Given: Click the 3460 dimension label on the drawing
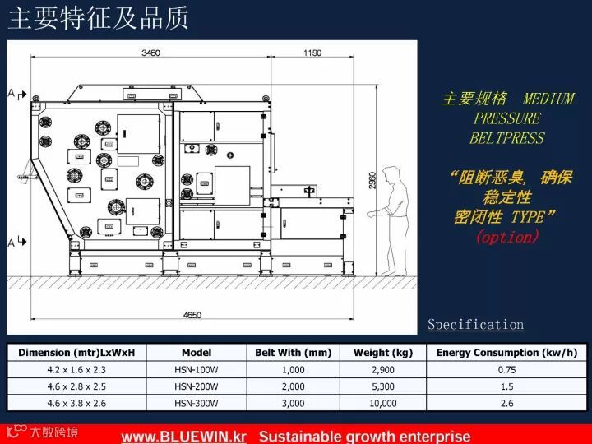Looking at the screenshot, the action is point(150,53).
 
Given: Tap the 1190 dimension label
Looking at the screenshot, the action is point(312,53).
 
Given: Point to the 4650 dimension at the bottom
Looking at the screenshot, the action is point(192,315).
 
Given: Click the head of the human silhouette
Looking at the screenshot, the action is point(393,173).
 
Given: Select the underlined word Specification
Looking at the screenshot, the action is point(475,325).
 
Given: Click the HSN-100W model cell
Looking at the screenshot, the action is point(197,370).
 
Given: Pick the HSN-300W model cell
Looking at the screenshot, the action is point(197,403).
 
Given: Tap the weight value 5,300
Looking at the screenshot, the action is point(383,386).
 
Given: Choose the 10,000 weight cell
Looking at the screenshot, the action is point(383,403).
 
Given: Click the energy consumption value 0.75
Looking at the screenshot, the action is point(506,370).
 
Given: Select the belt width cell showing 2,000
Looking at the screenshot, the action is point(293,386).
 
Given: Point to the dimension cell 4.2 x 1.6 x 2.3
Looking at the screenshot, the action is point(76,370).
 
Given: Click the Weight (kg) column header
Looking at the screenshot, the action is point(383,353).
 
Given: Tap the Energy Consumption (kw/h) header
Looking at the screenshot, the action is point(506,353).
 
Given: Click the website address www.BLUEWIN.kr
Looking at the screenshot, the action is point(184,436).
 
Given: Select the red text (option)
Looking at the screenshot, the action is point(506,237).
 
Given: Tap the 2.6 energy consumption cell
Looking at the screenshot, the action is point(506,403).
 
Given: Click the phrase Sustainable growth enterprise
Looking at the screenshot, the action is point(365,436).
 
